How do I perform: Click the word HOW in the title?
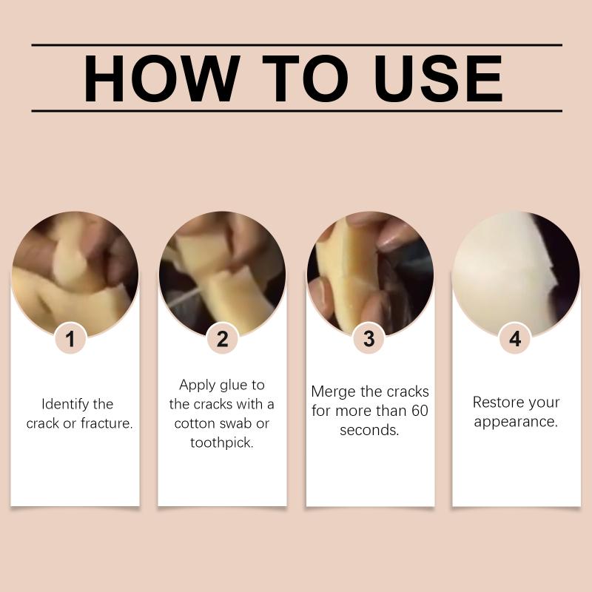pos(161,78)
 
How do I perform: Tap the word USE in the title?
pos(437,78)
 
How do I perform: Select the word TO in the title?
pos(305,78)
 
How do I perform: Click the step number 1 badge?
pos(70,339)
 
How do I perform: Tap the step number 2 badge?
pos(223,339)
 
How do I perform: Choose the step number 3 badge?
pos(369,339)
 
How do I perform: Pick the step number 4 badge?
pos(515,339)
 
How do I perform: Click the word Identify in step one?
pos(66,404)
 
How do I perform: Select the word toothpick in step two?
pos(221,443)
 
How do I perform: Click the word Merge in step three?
pos(334,392)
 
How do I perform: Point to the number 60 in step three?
pos(420,411)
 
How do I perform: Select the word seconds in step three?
pos(369,430)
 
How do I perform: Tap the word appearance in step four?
pos(516,422)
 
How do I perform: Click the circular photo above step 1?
pos(75,275)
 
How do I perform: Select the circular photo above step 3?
pos(370,275)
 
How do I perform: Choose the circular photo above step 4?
pos(516,275)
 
